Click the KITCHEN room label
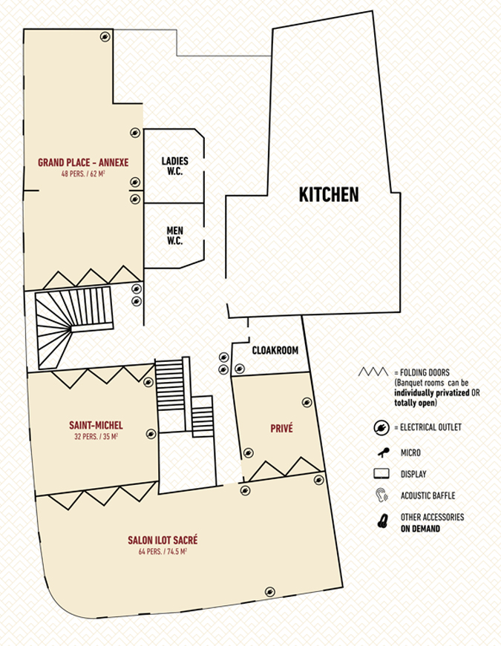click(x=329, y=195)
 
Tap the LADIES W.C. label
click(x=175, y=166)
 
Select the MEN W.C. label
click(x=175, y=236)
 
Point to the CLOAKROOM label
click(x=275, y=350)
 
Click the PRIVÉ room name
click(x=281, y=429)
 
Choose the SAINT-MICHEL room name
click(x=96, y=425)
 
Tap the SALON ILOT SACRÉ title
click(x=163, y=540)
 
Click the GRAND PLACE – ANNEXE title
click(x=83, y=162)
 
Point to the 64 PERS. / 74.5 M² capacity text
click(x=163, y=551)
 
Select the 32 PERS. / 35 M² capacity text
click(x=96, y=436)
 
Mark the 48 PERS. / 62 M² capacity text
click(x=83, y=174)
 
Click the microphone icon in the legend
click(x=384, y=452)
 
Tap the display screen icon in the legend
click(x=382, y=473)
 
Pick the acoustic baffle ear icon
click(x=382, y=495)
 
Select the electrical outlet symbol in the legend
click(x=382, y=428)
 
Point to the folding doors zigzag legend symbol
click(x=373, y=372)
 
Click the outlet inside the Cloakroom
click(x=240, y=369)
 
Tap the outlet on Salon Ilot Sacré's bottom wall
click(x=269, y=592)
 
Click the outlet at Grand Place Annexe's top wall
click(x=105, y=36)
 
